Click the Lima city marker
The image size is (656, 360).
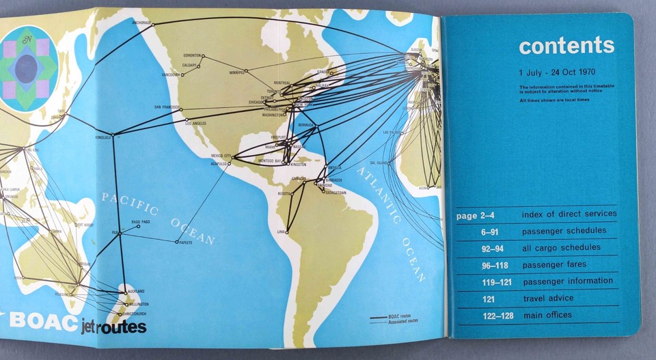288,232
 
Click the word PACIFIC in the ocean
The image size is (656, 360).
130,203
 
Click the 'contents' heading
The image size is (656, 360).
566,46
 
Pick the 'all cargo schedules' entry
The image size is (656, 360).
561,247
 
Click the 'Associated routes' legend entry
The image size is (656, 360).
403,321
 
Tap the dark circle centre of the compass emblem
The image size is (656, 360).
27,69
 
